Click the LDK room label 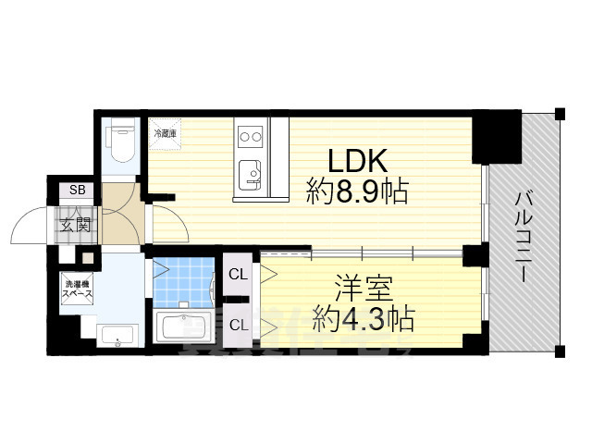350,158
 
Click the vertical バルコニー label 523,236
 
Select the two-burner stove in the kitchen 251,138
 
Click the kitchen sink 250,171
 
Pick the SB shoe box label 76,191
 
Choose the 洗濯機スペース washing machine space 78,288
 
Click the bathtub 186,327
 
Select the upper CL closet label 237,274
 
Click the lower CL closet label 237,324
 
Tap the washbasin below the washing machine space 117,336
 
